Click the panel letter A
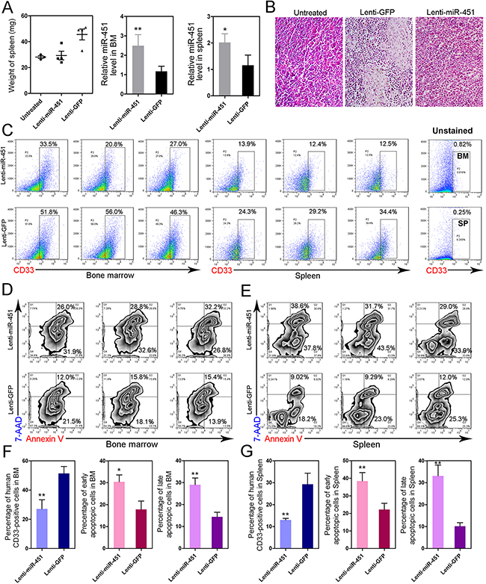(x=7, y=7)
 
